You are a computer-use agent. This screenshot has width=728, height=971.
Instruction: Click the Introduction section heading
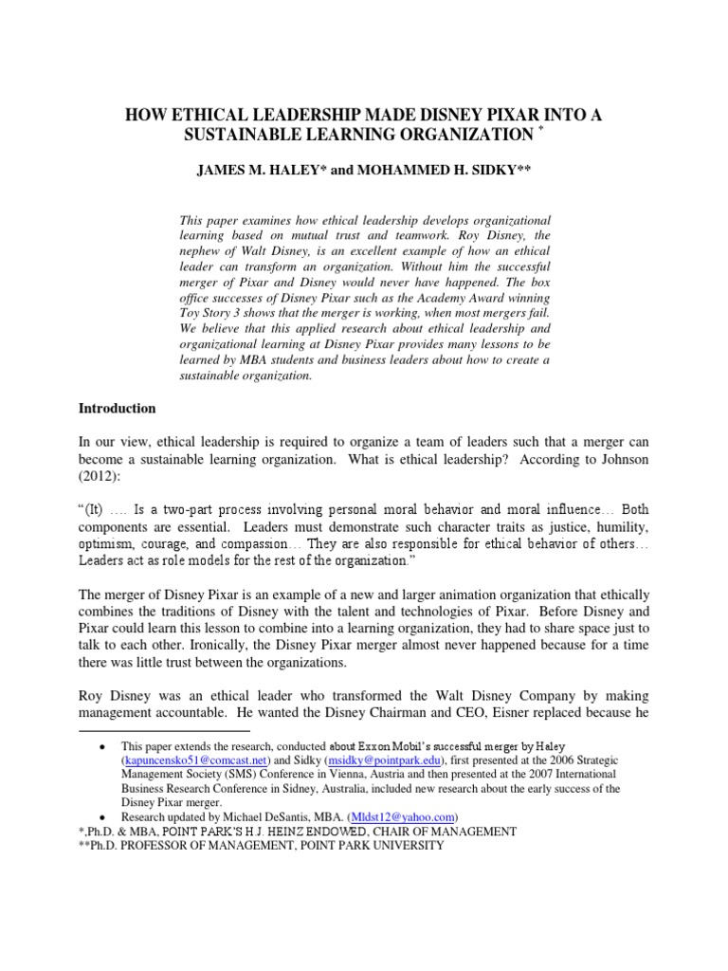(x=117, y=409)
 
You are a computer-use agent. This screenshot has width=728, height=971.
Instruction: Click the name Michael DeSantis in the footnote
(x=269, y=816)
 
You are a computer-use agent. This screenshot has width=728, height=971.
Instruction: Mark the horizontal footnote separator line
(x=164, y=732)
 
